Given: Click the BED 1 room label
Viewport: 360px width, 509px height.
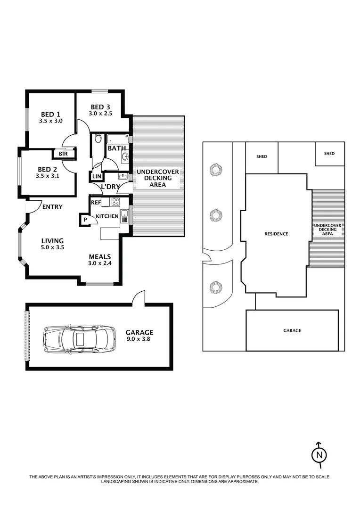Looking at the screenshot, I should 50,114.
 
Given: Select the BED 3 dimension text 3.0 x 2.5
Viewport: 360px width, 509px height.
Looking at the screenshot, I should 100,113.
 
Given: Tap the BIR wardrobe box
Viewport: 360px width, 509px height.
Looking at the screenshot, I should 63,154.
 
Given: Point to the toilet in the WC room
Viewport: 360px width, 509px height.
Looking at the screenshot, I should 98,139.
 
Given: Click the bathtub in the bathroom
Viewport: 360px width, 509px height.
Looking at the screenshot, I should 118,140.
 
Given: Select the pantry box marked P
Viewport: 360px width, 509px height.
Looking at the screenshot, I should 85,220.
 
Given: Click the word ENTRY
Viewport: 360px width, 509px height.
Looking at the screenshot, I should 52,206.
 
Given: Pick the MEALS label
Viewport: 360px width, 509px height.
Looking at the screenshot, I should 100,257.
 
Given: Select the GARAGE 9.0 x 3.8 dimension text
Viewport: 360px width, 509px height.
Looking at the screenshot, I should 139,338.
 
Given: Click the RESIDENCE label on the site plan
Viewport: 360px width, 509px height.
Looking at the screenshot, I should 276,234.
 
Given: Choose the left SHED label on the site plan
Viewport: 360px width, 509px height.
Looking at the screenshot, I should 262,156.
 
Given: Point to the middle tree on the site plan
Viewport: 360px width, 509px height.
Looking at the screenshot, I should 216,216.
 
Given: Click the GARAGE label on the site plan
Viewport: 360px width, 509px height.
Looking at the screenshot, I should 292,331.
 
